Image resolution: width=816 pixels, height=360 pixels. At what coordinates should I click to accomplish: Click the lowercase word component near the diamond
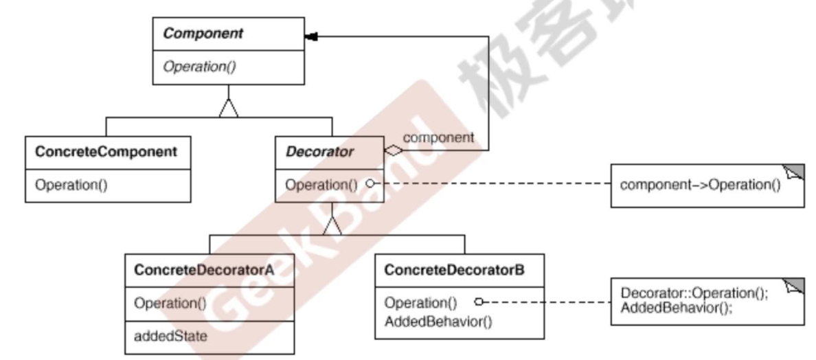(x=438, y=137)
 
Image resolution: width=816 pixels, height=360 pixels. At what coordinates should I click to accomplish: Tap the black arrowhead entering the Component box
(x=313, y=36)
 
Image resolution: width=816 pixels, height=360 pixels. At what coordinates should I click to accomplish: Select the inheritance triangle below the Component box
(x=228, y=109)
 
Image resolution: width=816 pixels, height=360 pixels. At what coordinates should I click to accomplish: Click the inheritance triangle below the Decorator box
(x=332, y=224)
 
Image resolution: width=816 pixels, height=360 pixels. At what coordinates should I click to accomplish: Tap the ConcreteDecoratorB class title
(x=455, y=270)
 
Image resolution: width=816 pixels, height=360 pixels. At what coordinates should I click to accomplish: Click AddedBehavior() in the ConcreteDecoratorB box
(x=438, y=319)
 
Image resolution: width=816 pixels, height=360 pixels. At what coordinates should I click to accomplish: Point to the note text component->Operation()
(x=700, y=185)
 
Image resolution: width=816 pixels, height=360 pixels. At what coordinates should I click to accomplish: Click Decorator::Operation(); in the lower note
(x=694, y=293)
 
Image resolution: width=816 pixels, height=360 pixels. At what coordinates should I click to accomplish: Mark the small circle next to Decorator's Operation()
(x=370, y=184)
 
